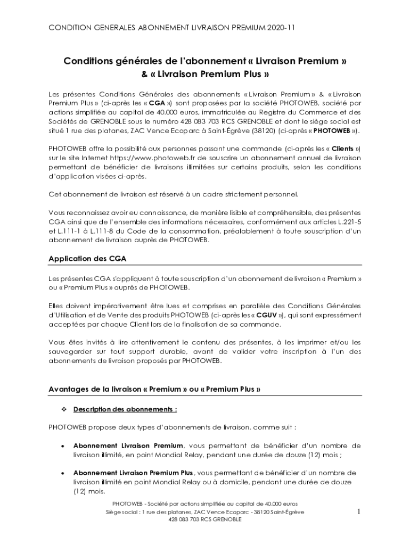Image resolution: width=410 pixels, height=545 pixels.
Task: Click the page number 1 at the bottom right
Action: (x=359, y=511)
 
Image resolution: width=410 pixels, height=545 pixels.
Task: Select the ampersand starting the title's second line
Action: (x=144, y=74)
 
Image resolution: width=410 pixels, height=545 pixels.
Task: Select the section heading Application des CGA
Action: (x=87, y=259)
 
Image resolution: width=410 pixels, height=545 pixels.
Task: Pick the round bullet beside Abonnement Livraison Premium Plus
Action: (x=63, y=473)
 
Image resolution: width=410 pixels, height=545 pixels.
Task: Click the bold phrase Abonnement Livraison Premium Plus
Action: (x=133, y=473)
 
